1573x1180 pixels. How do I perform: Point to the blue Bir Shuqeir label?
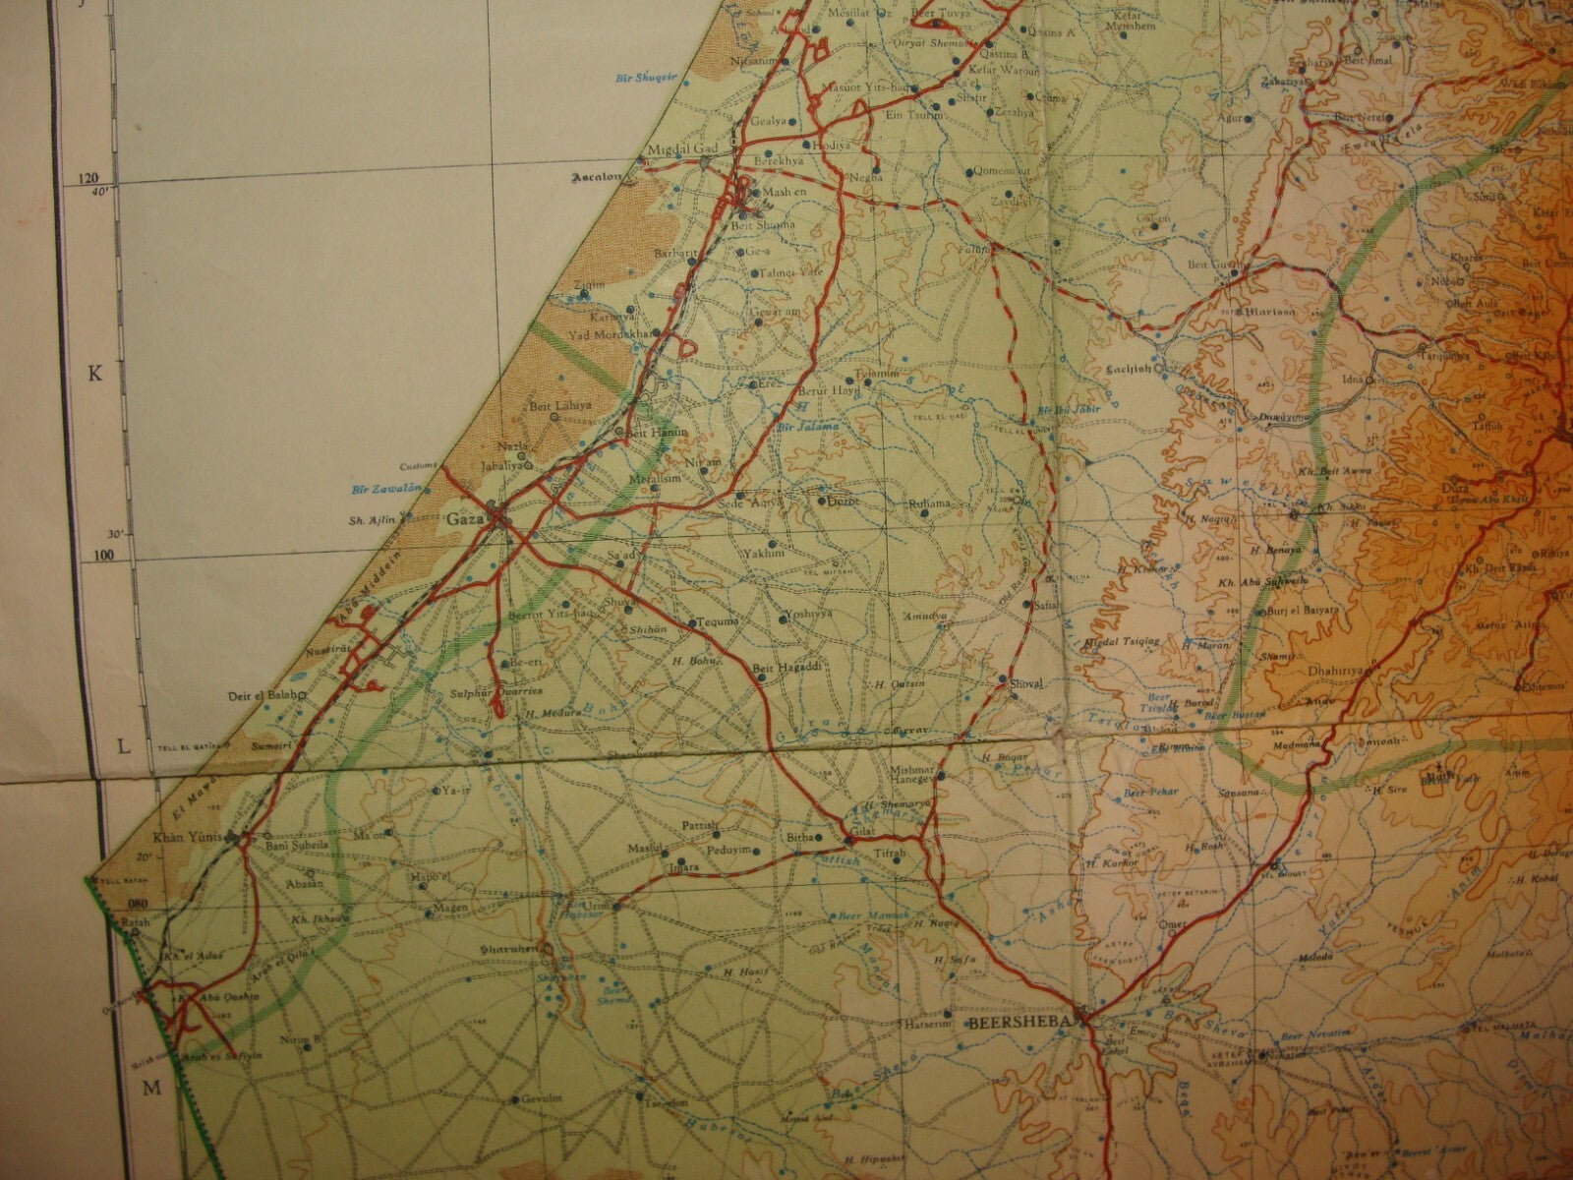coord(622,75)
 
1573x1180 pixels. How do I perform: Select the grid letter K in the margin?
coord(95,373)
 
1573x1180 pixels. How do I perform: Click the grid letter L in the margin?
coord(123,746)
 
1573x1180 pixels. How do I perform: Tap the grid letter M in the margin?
coord(151,1087)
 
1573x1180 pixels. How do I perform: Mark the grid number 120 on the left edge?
coord(92,179)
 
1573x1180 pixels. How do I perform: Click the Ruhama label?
coord(930,503)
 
